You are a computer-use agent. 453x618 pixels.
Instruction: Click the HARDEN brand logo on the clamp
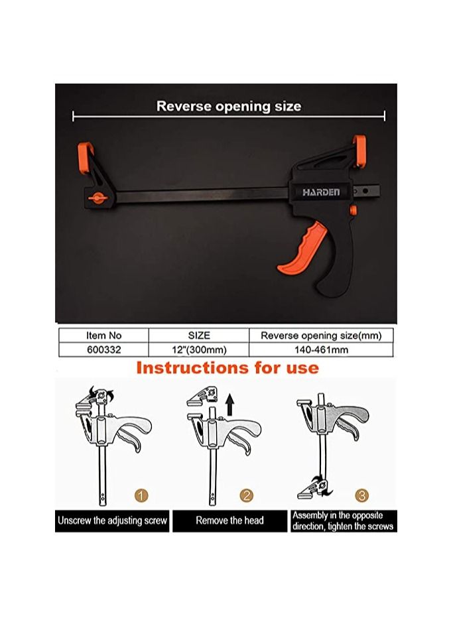click(321, 192)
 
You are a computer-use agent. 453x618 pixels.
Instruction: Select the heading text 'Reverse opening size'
click(228, 106)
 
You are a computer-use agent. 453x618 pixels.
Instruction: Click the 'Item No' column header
click(103, 336)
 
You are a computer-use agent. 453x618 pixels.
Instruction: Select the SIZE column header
click(199, 336)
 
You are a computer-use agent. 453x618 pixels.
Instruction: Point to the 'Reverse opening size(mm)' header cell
click(321, 336)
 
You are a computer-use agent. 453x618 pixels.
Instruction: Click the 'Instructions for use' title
click(227, 368)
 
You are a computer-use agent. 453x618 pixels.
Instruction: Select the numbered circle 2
click(246, 495)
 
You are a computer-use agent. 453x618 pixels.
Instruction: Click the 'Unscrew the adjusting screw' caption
click(111, 521)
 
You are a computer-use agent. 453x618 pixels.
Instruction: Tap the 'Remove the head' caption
click(229, 521)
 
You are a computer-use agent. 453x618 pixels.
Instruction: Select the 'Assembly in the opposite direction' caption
click(344, 521)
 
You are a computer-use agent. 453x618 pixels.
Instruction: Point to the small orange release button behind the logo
click(352, 210)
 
